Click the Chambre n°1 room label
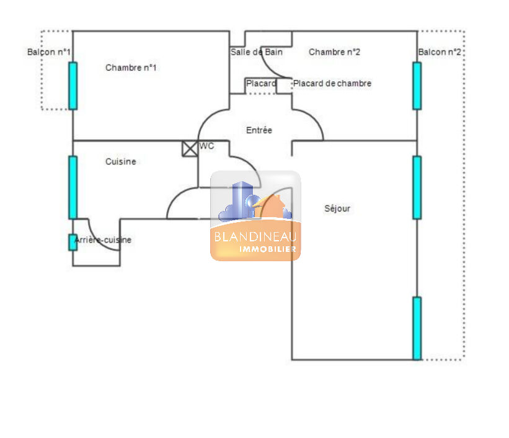(x=131, y=68)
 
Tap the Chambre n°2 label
(x=334, y=52)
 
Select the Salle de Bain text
(x=257, y=52)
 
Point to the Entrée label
(x=259, y=130)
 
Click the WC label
(x=207, y=146)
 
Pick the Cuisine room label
(x=121, y=161)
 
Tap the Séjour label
(x=337, y=208)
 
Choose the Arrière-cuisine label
(x=103, y=240)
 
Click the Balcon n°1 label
(x=49, y=52)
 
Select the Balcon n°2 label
(x=440, y=52)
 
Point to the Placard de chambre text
(x=332, y=84)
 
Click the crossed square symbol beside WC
(x=190, y=149)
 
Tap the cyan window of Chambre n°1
(x=73, y=86)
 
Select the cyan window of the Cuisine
(x=73, y=187)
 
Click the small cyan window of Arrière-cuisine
(x=73, y=243)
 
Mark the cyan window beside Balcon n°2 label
(x=417, y=86)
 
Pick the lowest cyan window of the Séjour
(x=417, y=328)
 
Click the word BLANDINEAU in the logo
(x=255, y=236)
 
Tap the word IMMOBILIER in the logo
(x=268, y=249)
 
